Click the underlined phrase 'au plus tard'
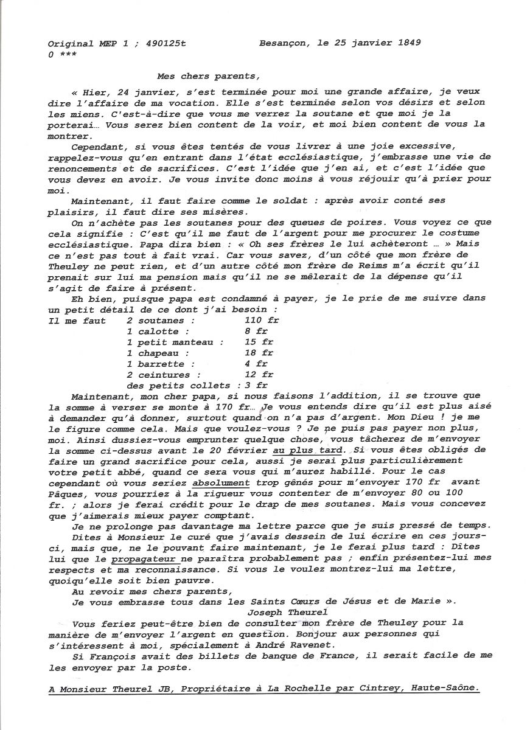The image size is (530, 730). (x=304, y=450)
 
